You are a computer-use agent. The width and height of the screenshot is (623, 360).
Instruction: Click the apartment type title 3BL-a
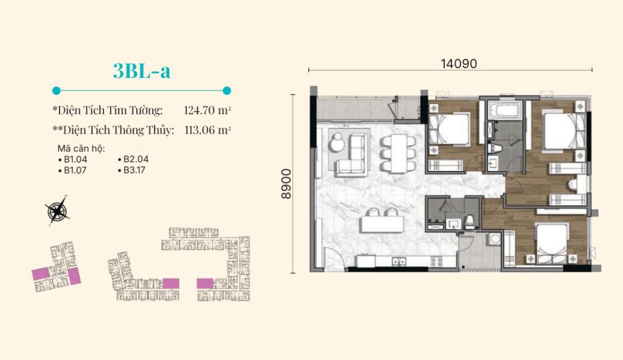click(142, 71)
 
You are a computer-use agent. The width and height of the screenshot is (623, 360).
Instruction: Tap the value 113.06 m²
click(208, 130)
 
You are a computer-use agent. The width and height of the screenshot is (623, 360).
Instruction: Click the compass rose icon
click(58, 210)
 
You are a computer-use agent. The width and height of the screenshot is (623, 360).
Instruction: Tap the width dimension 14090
click(459, 64)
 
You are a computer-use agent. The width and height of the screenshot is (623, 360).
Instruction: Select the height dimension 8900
click(286, 184)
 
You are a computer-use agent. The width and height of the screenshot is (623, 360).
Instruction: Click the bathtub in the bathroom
click(504, 110)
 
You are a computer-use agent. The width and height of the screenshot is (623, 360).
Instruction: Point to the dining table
click(399, 153)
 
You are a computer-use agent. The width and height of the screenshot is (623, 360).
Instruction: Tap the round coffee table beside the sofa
click(337, 143)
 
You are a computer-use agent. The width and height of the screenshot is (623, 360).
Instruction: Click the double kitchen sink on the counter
click(399, 261)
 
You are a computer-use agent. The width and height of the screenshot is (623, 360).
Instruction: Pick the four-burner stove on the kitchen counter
click(437, 261)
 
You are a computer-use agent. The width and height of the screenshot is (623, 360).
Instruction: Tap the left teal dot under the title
click(57, 91)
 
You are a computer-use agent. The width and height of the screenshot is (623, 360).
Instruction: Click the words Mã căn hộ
click(82, 148)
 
